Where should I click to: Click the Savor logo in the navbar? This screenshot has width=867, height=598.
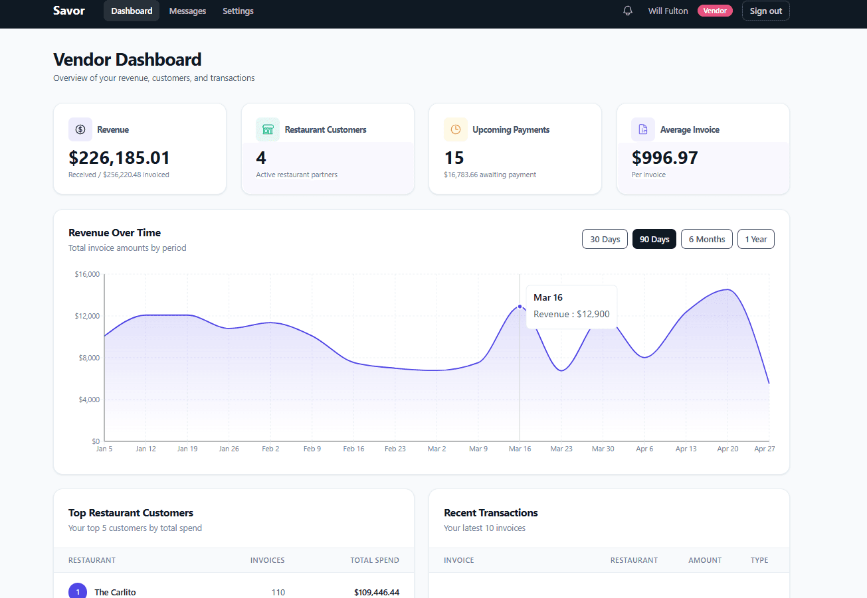[x=69, y=11]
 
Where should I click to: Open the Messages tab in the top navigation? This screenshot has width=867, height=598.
[x=187, y=11]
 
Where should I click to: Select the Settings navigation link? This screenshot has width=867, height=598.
[x=238, y=11]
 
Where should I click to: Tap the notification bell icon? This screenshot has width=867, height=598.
[x=628, y=11]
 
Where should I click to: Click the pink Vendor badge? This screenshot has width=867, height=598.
[x=715, y=11]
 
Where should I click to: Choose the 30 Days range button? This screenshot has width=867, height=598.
[x=605, y=239]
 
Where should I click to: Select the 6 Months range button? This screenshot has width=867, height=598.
[x=707, y=239]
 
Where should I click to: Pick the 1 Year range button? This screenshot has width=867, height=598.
[x=755, y=239]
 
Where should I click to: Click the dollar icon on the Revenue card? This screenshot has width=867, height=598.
[x=80, y=129]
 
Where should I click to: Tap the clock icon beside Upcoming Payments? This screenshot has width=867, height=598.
[x=456, y=129]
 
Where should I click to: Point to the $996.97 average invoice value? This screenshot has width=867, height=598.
[x=664, y=158]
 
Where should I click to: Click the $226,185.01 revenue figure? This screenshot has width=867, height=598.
[x=120, y=158]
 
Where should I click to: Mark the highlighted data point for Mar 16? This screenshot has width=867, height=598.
[x=520, y=307]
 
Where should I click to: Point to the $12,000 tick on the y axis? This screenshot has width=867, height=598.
[x=87, y=316]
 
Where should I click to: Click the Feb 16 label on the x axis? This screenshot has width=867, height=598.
[x=353, y=449]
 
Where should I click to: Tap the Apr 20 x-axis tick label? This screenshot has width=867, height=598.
[x=727, y=449]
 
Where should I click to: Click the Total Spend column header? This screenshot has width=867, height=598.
[x=375, y=560]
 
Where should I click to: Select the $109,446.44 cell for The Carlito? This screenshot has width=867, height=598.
[x=377, y=592]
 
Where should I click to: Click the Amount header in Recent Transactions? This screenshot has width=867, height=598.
[x=705, y=560]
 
